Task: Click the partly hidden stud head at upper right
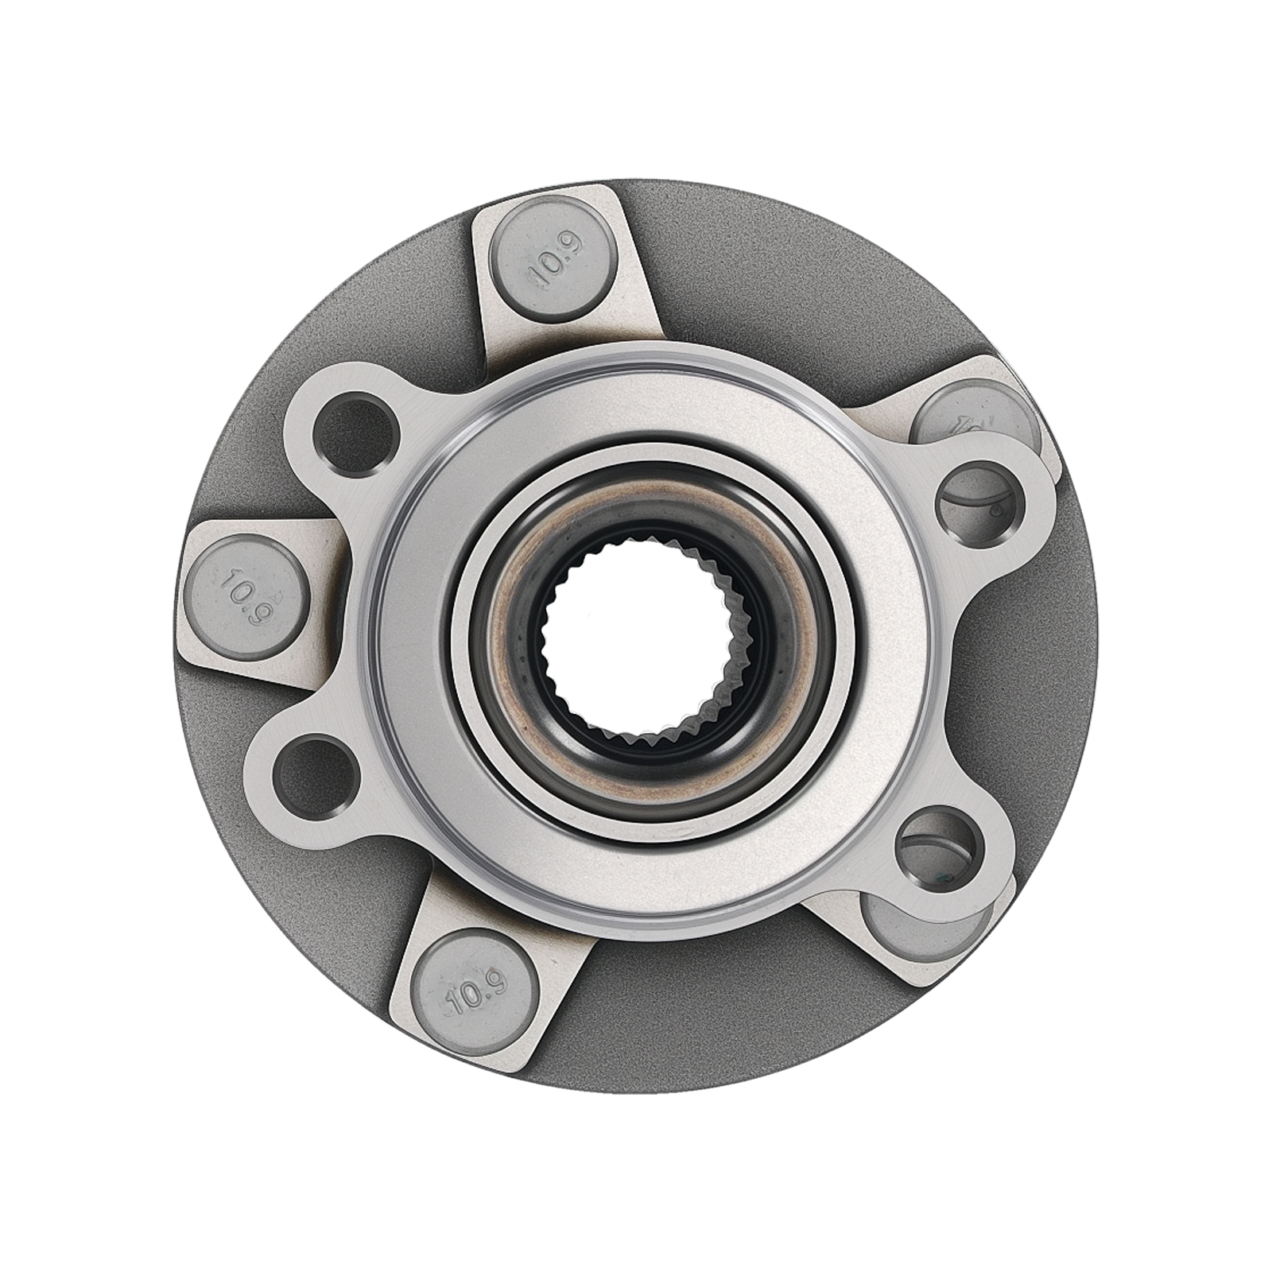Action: [974, 417]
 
